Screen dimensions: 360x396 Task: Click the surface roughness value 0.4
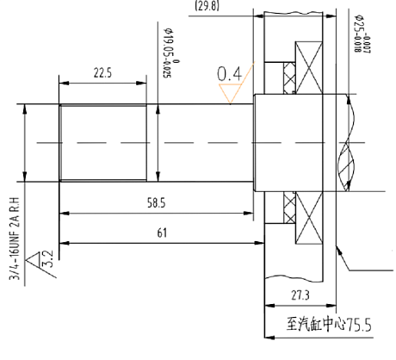[x=229, y=75]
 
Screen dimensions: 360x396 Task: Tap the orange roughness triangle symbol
[x=229, y=95]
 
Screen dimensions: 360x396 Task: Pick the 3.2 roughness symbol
[x=41, y=258]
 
